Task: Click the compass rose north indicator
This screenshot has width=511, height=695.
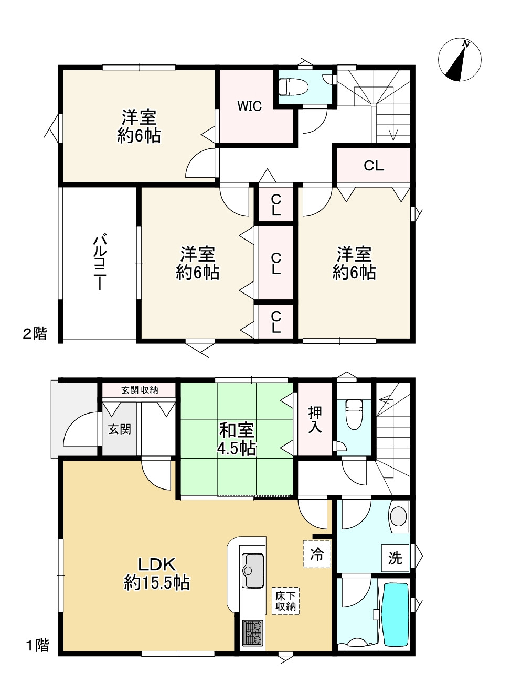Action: click(460, 60)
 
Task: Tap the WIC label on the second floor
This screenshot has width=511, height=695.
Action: click(250, 106)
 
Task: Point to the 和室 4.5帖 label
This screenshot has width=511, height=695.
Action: click(237, 439)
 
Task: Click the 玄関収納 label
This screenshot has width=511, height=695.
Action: click(140, 390)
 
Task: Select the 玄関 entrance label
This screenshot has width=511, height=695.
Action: click(120, 429)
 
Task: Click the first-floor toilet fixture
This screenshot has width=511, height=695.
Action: click(354, 415)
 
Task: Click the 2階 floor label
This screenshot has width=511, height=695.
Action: click(35, 334)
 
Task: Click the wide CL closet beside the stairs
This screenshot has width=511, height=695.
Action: click(374, 166)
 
